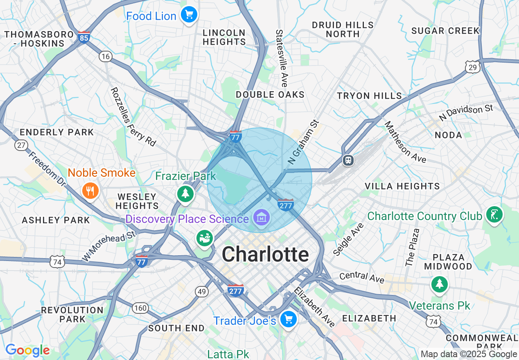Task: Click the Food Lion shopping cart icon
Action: (x=189, y=15)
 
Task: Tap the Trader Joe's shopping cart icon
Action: (x=289, y=319)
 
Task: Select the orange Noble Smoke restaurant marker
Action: (x=90, y=191)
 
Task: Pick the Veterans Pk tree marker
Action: (x=439, y=283)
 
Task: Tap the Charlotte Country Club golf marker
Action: (x=494, y=214)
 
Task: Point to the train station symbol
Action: (x=348, y=160)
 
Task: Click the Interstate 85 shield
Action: (x=83, y=37)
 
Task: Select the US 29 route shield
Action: (x=472, y=67)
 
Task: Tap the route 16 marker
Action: (x=106, y=56)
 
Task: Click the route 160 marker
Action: (x=140, y=308)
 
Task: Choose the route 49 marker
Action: (x=201, y=292)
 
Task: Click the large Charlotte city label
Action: (x=265, y=254)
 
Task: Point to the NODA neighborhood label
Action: (x=448, y=135)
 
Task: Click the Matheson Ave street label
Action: (x=405, y=142)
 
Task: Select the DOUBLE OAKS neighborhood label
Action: (x=270, y=94)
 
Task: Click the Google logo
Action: (x=27, y=350)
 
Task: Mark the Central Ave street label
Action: (x=362, y=277)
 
